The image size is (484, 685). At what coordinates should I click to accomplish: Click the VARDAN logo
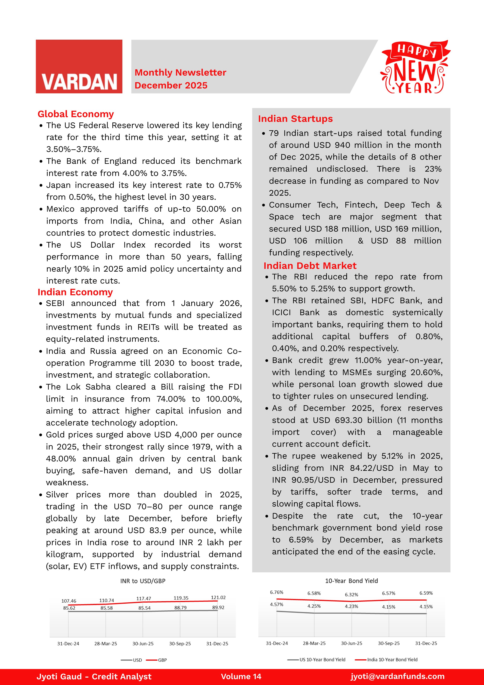[79, 67]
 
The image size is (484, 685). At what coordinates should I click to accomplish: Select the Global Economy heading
[76, 114]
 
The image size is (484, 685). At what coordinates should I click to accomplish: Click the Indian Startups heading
[295, 119]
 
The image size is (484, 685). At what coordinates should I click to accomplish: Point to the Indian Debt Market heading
[310, 266]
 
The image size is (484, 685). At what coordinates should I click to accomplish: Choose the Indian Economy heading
[75, 292]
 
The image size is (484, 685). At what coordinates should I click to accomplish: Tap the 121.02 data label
[218, 598]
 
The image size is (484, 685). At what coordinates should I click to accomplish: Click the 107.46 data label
[69, 601]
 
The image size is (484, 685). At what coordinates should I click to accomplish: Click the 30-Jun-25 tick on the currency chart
[143, 644]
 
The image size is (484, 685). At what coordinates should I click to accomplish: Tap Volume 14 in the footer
[241, 677]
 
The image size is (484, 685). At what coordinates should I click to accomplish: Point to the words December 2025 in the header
[171, 85]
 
